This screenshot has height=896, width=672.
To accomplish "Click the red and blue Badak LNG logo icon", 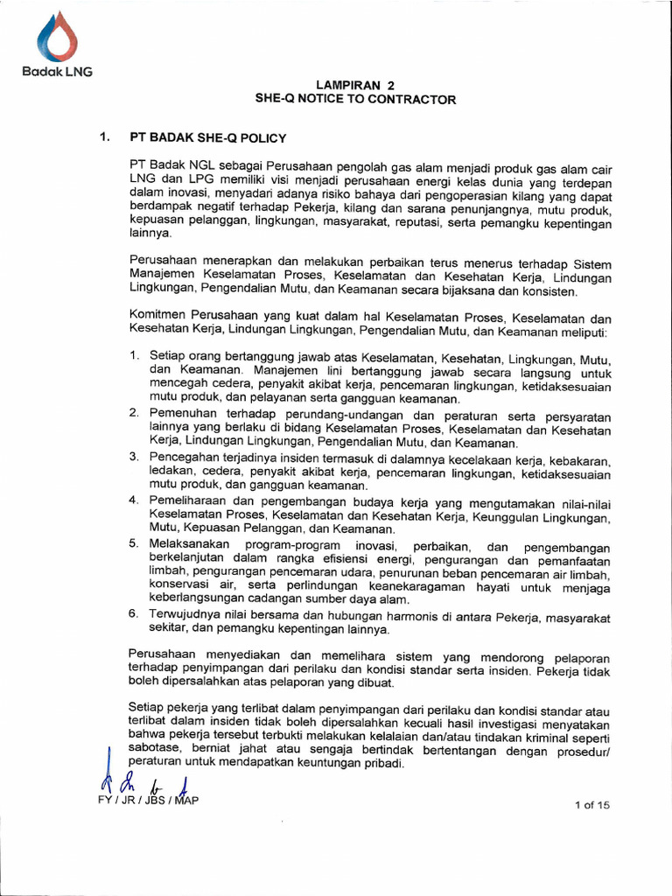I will (x=56, y=38).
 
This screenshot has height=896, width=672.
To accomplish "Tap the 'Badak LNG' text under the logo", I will (x=56, y=72).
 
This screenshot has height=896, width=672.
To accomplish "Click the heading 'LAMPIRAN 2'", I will (x=355, y=86).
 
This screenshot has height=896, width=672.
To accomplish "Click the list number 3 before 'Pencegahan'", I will (x=134, y=457).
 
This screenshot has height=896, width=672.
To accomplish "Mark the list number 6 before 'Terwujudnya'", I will (x=134, y=614).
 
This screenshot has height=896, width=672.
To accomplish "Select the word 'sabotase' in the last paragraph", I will (x=155, y=749).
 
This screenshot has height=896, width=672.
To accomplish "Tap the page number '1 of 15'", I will (x=591, y=806).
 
